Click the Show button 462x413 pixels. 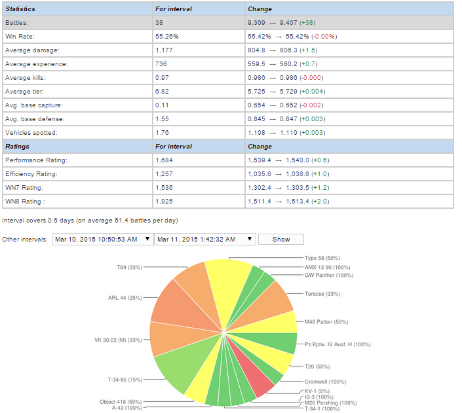281,240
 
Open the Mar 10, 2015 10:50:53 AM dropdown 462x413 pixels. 102,240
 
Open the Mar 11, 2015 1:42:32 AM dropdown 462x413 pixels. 204,240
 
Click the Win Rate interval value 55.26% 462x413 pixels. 167,37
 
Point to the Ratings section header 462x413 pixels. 17,147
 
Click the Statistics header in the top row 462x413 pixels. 20,9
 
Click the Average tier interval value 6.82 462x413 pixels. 163,92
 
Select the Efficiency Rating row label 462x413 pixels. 31,174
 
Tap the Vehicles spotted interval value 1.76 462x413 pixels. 163,133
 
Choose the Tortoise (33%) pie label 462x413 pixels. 322,294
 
